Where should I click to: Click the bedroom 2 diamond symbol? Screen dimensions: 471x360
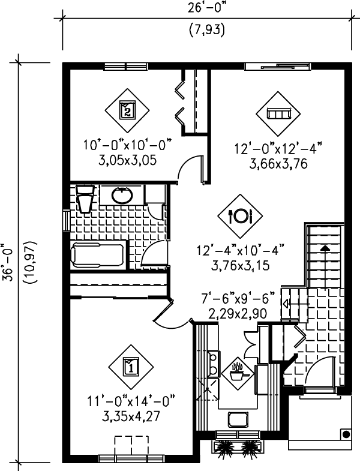click(128, 110)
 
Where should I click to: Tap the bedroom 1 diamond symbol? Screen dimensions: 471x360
click(131, 365)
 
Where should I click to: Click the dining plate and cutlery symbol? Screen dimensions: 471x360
click(239, 214)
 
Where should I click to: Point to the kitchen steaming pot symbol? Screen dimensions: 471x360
click(238, 370)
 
